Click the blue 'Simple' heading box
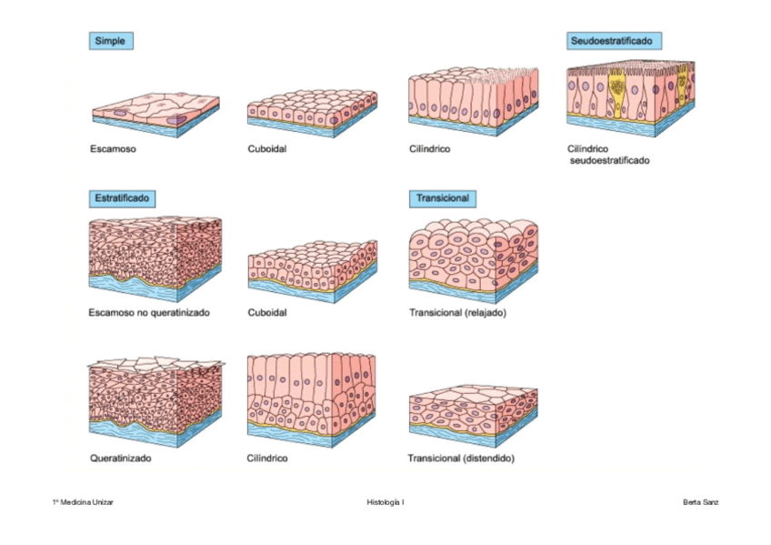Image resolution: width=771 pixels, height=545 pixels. tap(111, 40)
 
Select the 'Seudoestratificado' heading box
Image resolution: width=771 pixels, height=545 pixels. tap(614, 41)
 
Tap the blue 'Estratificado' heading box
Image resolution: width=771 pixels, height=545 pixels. tap(122, 197)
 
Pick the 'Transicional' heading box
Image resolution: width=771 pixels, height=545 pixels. tap(442, 197)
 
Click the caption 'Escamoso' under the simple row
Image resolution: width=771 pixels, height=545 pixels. tap(114, 148)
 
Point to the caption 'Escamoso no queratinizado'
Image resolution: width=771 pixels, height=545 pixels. tap(150, 312)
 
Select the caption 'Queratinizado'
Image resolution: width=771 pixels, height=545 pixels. tap(121, 458)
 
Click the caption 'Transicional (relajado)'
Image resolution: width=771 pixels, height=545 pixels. tap(457, 312)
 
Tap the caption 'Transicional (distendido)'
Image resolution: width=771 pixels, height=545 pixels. tap(461, 458)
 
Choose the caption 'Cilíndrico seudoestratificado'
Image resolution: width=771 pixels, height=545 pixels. tap(607, 154)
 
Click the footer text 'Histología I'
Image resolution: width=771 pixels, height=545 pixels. tap(385, 501)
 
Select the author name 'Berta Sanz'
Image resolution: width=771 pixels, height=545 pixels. tap(700, 501)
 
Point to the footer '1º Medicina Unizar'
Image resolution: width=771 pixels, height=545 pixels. tap(83, 501)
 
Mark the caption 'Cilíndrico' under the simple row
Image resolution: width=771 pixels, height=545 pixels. tap(429, 148)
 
